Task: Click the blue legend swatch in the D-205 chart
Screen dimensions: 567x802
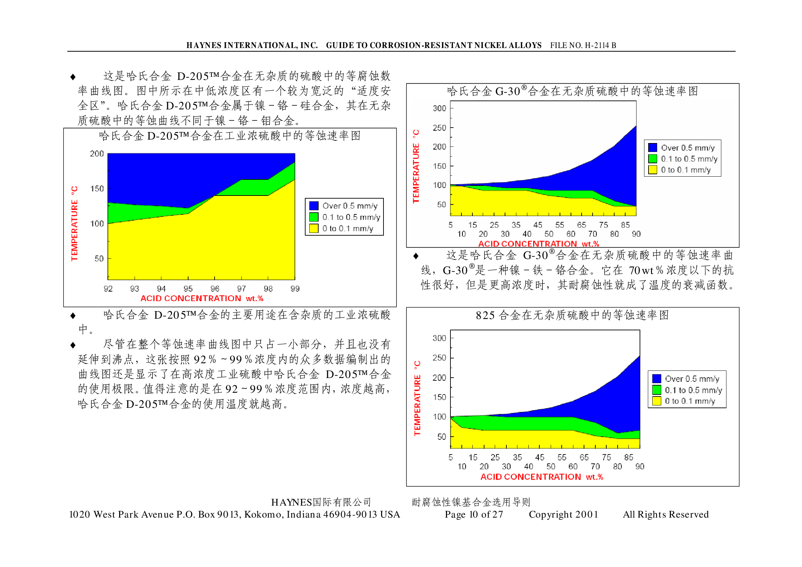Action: [x=313, y=206]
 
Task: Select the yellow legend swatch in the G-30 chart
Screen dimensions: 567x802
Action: [x=652, y=170]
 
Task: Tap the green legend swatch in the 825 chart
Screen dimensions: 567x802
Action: [x=656, y=390]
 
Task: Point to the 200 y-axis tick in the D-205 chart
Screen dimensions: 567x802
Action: [x=97, y=154]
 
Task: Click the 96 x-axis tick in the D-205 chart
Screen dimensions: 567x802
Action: [x=215, y=288]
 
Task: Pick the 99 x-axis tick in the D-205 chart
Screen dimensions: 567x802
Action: [x=295, y=288]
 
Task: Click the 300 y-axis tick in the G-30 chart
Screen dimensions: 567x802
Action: [x=439, y=108]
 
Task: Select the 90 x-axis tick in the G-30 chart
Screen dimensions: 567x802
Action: [x=636, y=234]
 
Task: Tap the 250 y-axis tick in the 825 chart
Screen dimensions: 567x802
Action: [x=439, y=358]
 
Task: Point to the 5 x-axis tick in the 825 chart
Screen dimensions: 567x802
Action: [x=450, y=457]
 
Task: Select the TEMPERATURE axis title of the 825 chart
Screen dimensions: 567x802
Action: [x=417, y=398]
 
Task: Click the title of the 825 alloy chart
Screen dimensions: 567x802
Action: [x=572, y=315]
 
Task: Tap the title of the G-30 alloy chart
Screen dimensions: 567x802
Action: [x=572, y=91]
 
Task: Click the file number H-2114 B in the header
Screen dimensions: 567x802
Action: [x=583, y=45]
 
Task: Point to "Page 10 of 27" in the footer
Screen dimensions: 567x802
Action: [x=473, y=514]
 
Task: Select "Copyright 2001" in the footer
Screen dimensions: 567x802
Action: [x=563, y=514]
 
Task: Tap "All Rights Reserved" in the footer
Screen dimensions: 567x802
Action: [x=665, y=514]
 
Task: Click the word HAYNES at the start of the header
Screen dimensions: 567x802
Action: [x=203, y=45]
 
